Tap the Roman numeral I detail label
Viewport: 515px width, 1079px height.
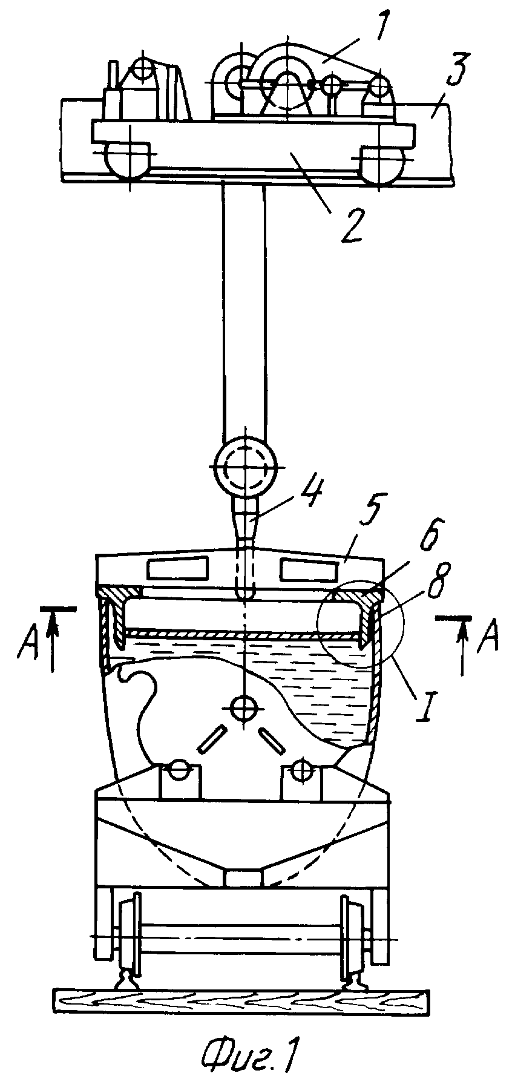click(422, 704)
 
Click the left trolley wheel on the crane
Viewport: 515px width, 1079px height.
click(128, 160)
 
